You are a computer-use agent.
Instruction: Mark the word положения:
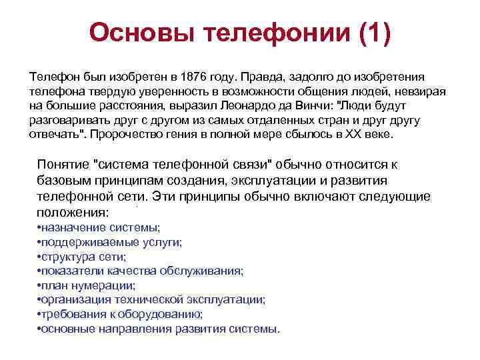tap(73, 213)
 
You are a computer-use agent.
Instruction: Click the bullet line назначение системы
tap(99, 227)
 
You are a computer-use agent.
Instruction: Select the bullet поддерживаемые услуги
tap(109, 242)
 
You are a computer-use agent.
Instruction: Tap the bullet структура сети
tap(81, 257)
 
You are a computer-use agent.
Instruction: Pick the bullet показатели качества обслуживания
tap(140, 271)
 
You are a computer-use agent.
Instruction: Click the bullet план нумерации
tap(86, 285)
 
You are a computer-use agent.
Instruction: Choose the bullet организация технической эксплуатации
tap(151, 300)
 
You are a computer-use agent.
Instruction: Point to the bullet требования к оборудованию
tap(119, 315)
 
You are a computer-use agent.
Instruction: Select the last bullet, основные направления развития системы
tap(159, 329)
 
